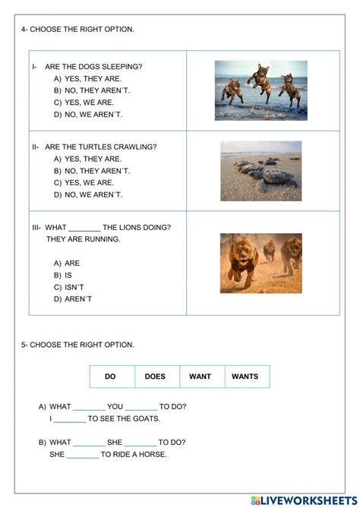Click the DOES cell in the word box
(x=155, y=376)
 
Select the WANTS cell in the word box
(x=245, y=376)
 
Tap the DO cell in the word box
(x=110, y=376)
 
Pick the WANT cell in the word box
(x=201, y=376)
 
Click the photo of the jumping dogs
(x=261, y=90)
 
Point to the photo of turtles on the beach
(x=261, y=171)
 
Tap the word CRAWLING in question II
(x=136, y=147)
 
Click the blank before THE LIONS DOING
(x=84, y=228)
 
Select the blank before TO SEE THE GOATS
(x=70, y=419)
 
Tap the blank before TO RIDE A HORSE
(x=83, y=455)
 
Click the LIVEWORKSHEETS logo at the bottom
(x=302, y=500)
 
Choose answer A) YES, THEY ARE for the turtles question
(x=87, y=159)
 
